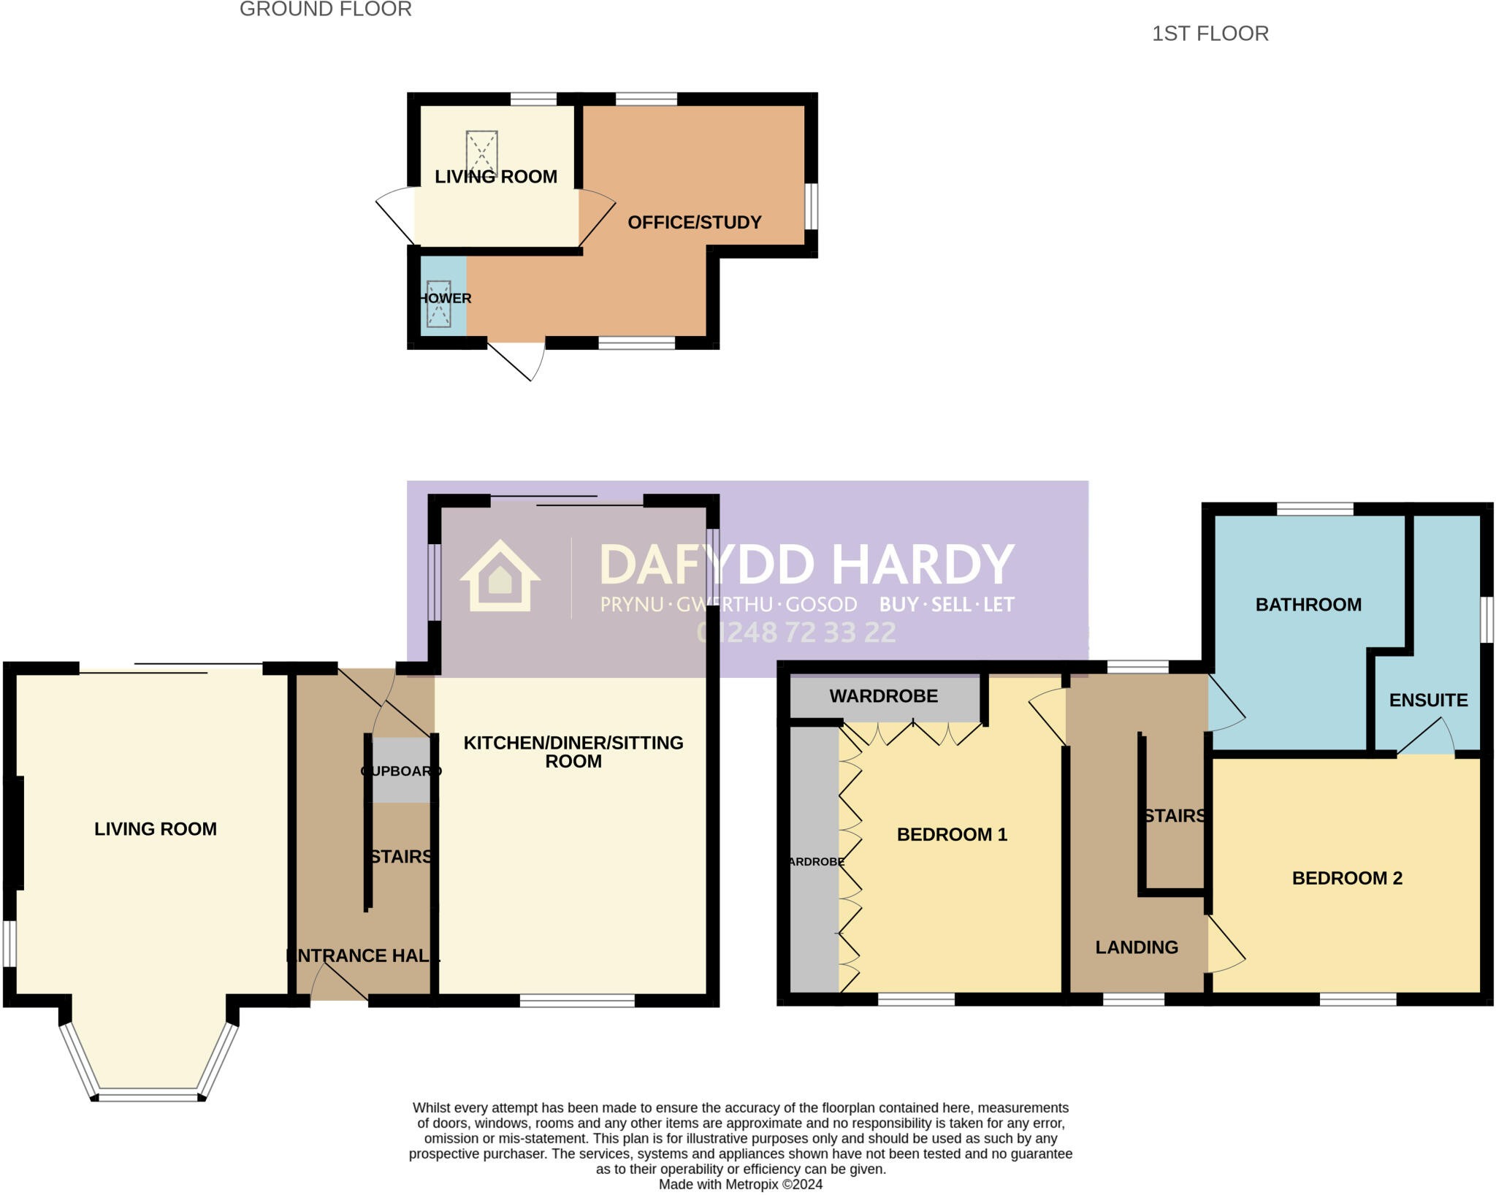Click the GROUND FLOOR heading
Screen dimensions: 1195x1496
pyautogui.click(x=325, y=9)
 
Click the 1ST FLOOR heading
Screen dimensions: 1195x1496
pyautogui.click(x=1210, y=34)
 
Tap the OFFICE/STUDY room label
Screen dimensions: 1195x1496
pyautogui.click(x=694, y=222)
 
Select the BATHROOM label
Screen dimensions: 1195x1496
pyautogui.click(x=1308, y=604)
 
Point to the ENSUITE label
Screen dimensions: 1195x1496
pyautogui.click(x=1428, y=700)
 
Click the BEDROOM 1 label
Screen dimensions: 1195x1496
pyautogui.click(x=951, y=834)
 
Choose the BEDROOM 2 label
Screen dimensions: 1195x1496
pyautogui.click(x=1347, y=878)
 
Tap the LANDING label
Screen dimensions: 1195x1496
pyautogui.click(x=1136, y=947)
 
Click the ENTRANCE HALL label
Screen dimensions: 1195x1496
pyautogui.click(x=362, y=955)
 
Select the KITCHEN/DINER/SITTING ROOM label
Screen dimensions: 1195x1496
pyautogui.click(x=573, y=752)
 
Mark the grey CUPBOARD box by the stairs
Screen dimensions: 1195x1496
pyautogui.click(x=400, y=771)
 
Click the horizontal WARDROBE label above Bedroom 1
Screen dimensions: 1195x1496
pyautogui.click(x=883, y=696)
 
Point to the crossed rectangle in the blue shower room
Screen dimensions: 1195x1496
pyautogui.click(x=438, y=303)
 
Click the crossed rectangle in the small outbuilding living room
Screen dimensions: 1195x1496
pyautogui.click(x=481, y=153)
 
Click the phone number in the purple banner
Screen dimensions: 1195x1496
pyautogui.click(x=796, y=633)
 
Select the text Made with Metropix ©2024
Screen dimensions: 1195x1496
pyautogui.click(x=740, y=1185)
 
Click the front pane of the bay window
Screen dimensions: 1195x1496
pyautogui.click(x=148, y=1096)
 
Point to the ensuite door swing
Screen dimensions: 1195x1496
pyautogui.click(x=1428, y=736)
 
